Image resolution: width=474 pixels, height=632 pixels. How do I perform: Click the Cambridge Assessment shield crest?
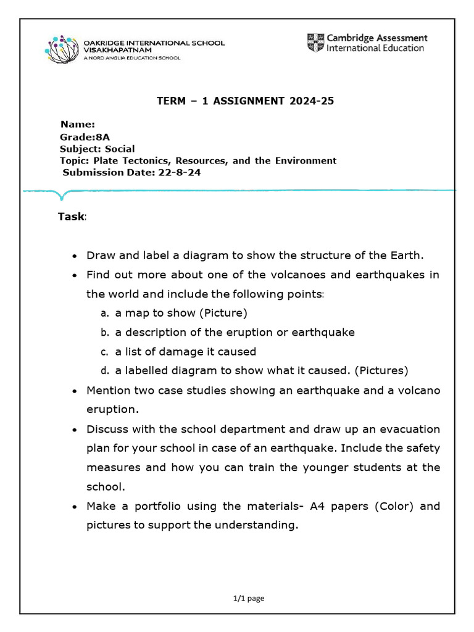(x=315, y=43)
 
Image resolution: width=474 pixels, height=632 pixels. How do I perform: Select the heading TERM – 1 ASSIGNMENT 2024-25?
(x=245, y=101)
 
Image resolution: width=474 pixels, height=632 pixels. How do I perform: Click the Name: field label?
(x=77, y=125)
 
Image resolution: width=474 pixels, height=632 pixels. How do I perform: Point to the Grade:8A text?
(x=80, y=137)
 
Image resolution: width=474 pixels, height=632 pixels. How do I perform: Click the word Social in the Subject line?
(x=120, y=149)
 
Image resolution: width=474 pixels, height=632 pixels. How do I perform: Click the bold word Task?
(x=71, y=217)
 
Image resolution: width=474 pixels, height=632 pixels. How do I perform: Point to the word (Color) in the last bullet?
(x=394, y=506)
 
